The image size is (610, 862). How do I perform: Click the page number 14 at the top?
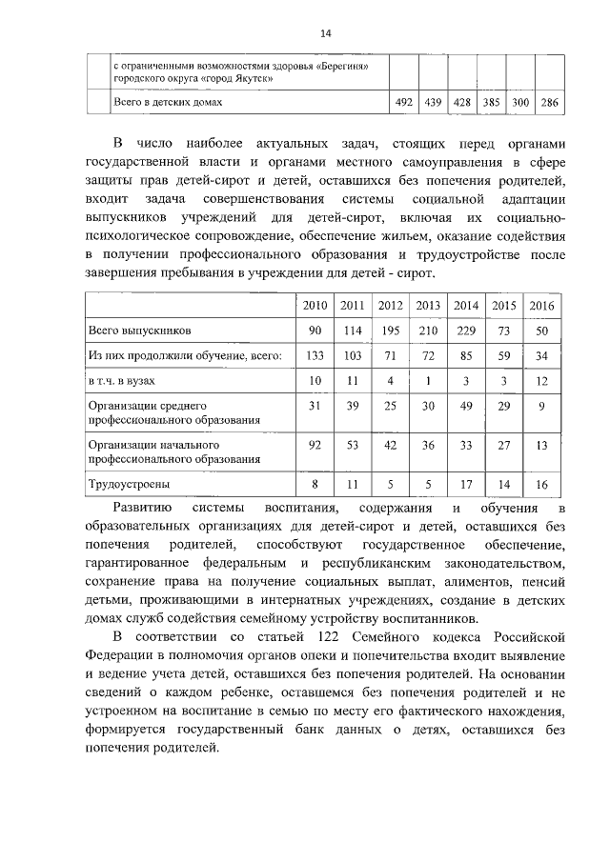pyautogui.click(x=325, y=34)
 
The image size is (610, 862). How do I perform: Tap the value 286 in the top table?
pyautogui.click(x=549, y=102)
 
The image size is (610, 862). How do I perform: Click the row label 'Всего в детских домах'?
pyautogui.click(x=169, y=101)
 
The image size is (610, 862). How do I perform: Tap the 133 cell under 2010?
pyautogui.click(x=315, y=355)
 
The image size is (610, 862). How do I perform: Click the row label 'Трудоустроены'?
pyautogui.click(x=123, y=485)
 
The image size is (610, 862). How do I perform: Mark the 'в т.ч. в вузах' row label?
pyautogui.click(x=124, y=381)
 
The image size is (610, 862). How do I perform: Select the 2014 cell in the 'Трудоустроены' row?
pyautogui.click(x=466, y=485)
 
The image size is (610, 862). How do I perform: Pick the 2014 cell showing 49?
pyautogui.click(x=466, y=407)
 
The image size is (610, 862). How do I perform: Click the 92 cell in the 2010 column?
pyautogui.click(x=315, y=446)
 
